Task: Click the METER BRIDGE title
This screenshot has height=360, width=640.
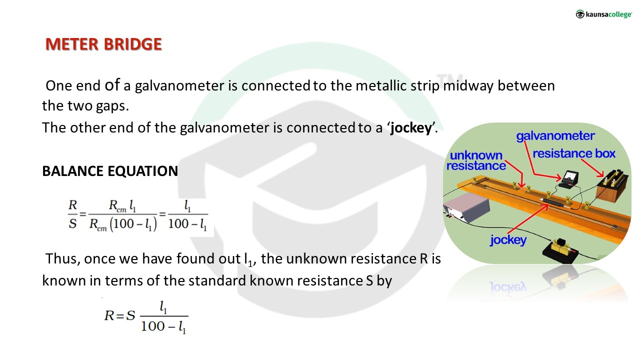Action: coord(103,44)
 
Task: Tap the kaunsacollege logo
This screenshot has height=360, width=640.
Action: coord(603,14)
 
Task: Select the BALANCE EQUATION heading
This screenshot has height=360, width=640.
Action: coord(110,171)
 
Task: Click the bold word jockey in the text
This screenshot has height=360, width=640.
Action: coord(411,128)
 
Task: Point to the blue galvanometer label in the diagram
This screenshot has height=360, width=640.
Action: coord(555,136)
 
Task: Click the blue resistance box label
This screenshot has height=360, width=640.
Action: coord(574,153)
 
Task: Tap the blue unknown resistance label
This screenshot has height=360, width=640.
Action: coord(476,160)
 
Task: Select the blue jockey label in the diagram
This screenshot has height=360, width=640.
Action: coord(508,240)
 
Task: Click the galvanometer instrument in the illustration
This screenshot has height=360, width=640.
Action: coord(569,179)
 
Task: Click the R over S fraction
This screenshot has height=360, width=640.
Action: coord(72,214)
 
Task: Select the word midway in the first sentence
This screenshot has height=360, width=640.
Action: coord(468,86)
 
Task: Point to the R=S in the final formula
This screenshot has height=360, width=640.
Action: coord(119,315)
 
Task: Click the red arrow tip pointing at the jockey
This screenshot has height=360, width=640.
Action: coord(547,205)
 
